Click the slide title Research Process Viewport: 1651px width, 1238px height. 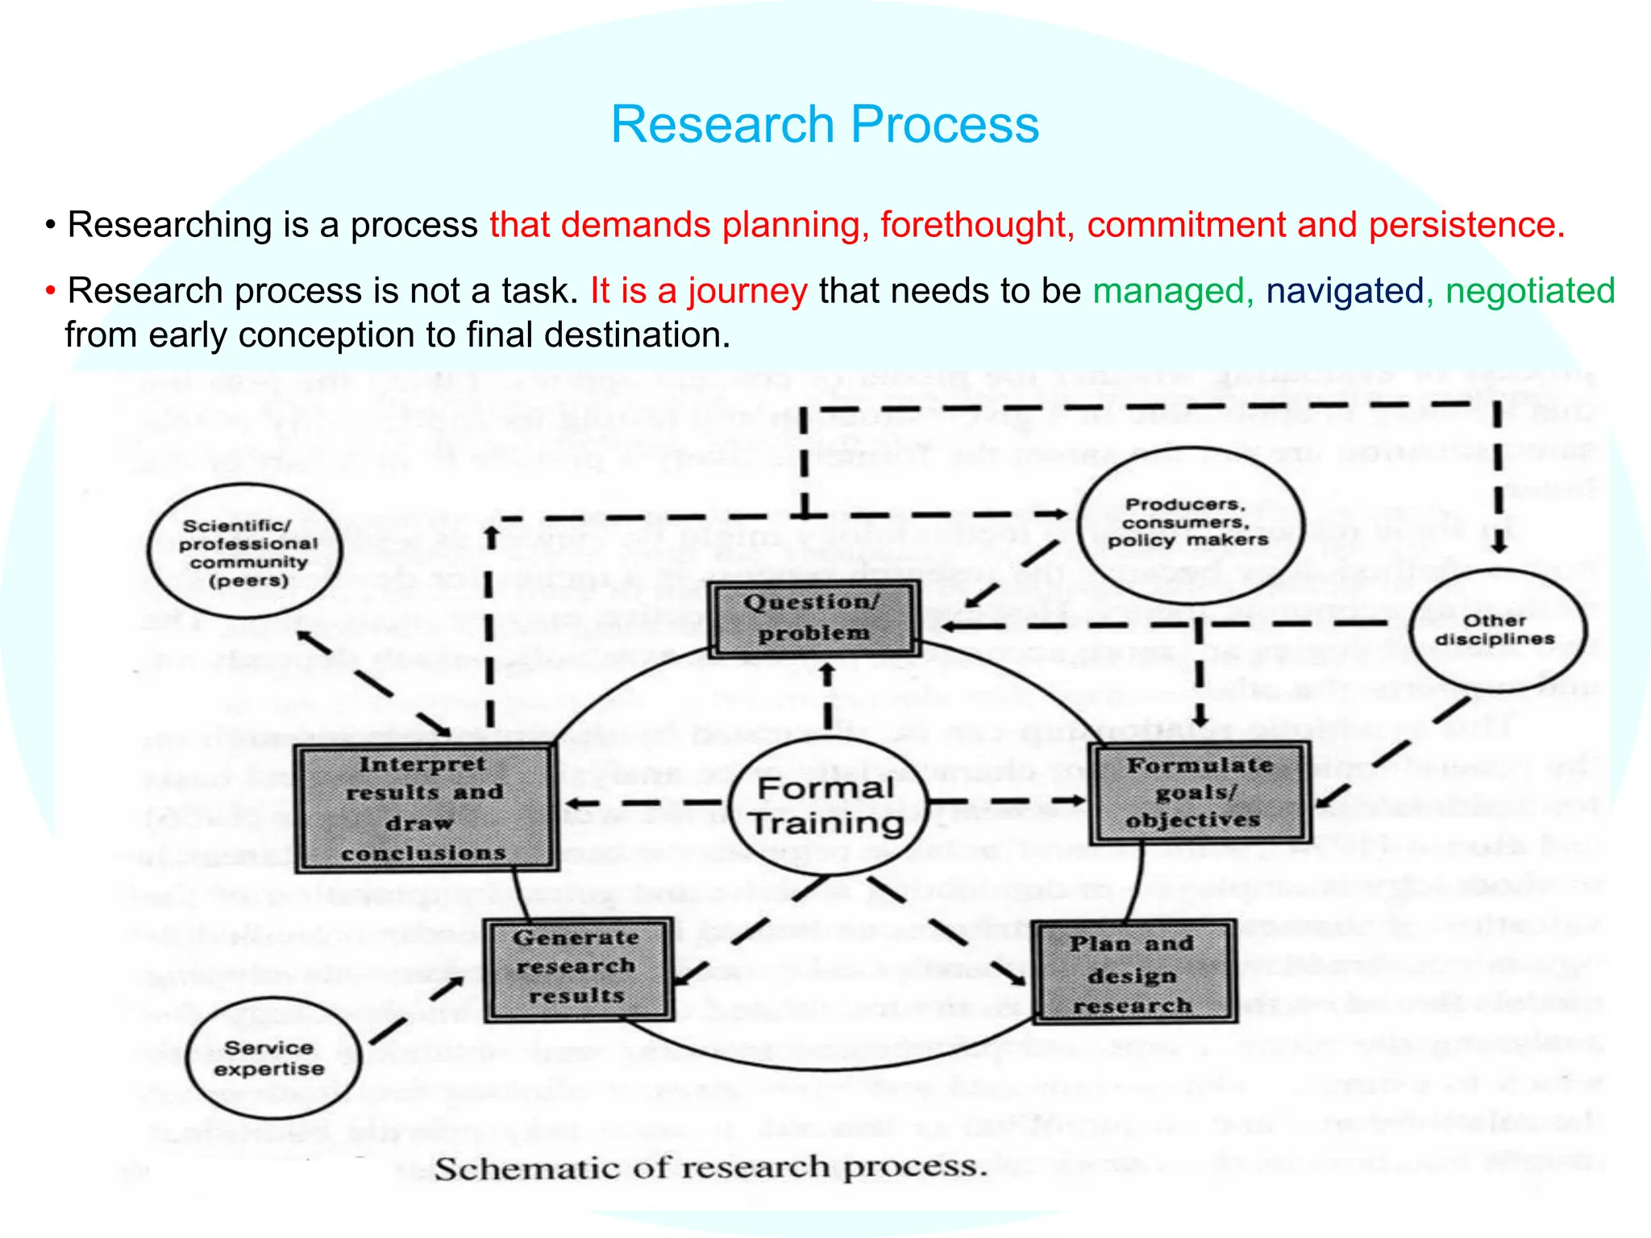tap(825, 125)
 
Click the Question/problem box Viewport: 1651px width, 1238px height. tap(813, 618)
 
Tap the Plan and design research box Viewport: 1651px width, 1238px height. tap(1133, 974)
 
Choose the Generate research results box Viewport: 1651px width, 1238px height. tap(577, 967)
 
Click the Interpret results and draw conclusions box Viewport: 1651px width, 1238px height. tap(425, 808)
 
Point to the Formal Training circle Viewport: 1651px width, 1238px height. tap(827, 806)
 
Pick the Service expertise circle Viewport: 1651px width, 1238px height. tap(270, 1058)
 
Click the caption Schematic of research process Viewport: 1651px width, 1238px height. tap(710, 1168)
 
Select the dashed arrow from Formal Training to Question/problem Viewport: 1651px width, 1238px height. tap(828, 697)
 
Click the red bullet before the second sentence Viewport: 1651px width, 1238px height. tap(50, 291)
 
